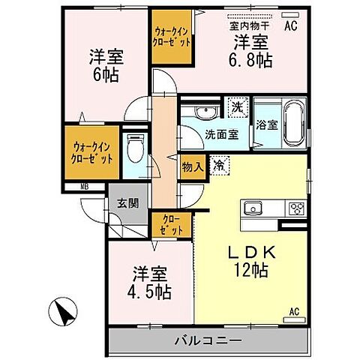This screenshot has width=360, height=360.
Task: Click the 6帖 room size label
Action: point(106,75)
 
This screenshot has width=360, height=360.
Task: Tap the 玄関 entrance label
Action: point(128,202)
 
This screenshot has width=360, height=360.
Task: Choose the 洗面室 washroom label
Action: point(222,136)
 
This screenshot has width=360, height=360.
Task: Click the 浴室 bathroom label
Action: point(268,125)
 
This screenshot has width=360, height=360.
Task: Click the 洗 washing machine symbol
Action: point(237,107)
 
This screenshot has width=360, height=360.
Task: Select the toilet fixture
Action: point(135,149)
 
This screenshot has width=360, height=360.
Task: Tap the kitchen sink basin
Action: point(251,208)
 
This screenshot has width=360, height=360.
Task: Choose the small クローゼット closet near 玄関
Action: point(171,225)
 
